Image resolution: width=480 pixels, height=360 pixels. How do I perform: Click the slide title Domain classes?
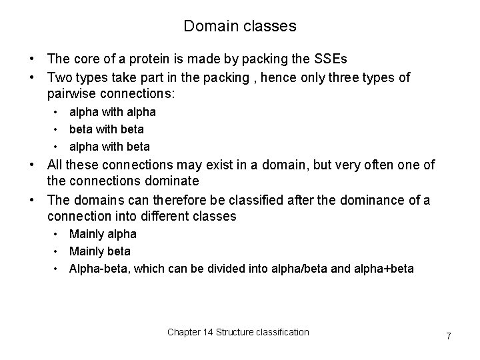[240, 27]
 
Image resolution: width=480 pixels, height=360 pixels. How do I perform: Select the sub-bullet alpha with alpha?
[113, 113]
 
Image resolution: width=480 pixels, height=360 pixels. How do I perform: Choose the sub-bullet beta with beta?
[107, 129]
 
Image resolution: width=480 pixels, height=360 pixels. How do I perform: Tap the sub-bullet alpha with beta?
[110, 147]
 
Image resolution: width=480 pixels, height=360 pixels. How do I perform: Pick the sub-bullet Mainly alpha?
[103, 234]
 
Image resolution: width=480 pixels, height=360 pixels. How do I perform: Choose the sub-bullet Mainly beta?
[100, 251]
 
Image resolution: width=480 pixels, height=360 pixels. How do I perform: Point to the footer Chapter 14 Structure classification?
[238, 332]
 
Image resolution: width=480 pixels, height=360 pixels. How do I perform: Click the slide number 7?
[449, 336]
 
